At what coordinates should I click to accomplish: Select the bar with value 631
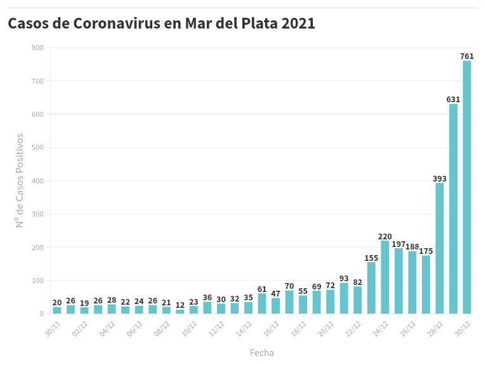pyautogui.click(x=453, y=209)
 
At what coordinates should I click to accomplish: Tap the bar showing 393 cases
pyautogui.click(x=440, y=248)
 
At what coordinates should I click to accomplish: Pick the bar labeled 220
pyautogui.click(x=385, y=277)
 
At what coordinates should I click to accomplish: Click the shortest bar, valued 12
pyautogui.click(x=180, y=311)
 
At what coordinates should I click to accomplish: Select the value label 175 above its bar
pyautogui.click(x=426, y=251)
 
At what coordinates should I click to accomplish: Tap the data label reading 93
pyautogui.click(x=344, y=279)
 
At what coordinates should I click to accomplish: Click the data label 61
pyautogui.click(x=262, y=289)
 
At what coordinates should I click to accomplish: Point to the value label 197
pyautogui.click(x=398, y=244)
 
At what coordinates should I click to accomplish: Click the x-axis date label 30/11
pyautogui.click(x=53, y=328)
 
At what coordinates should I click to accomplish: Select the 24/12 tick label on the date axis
pyautogui.click(x=381, y=328)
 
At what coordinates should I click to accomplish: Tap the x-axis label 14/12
pyautogui.click(x=244, y=328)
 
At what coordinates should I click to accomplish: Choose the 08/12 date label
pyautogui.click(x=162, y=328)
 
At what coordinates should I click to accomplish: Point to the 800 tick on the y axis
pyautogui.click(x=37, y=48)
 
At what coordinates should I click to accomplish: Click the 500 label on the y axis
pyautogui.click(x=37, y=148)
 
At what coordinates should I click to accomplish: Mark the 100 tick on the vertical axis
pyautogui.click(x=37, y=281)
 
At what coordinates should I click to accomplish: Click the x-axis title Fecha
pyautogui.click(x=262, y=353)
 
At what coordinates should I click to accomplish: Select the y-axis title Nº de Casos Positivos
pyautogui.click(x=20, y=180)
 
